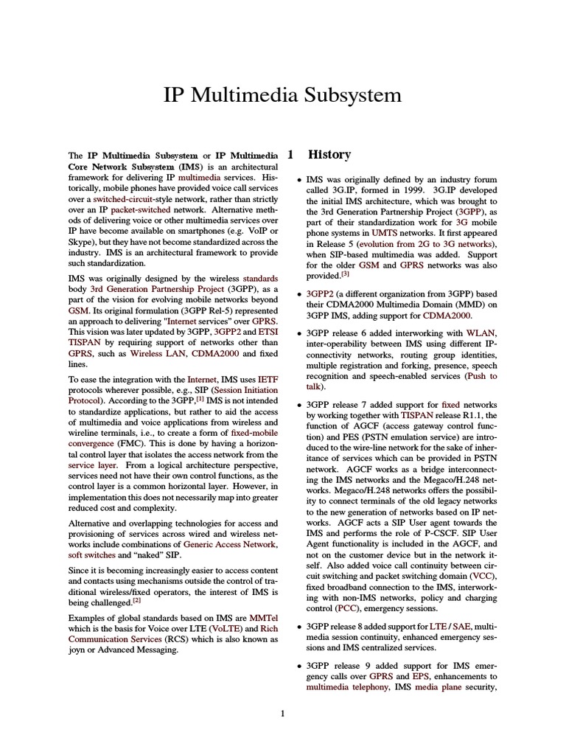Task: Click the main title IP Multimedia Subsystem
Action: point(282,96)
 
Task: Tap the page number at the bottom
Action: point(283,713)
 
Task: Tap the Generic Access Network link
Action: point(231,544)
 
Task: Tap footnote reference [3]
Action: point(345,274)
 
